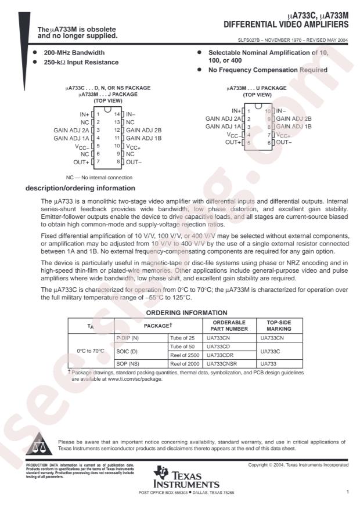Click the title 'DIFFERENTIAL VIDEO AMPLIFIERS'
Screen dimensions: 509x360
click(x=286, y=26)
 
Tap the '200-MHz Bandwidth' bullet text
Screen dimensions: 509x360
click(x=70, y=52)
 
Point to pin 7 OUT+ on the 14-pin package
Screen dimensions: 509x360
click(x=81, y=161)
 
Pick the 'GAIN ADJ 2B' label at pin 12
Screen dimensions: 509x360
click(x=143, y=131)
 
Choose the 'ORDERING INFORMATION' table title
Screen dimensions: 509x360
click(x=195, y=312)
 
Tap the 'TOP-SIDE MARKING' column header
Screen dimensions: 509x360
click(x=278, y=325)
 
